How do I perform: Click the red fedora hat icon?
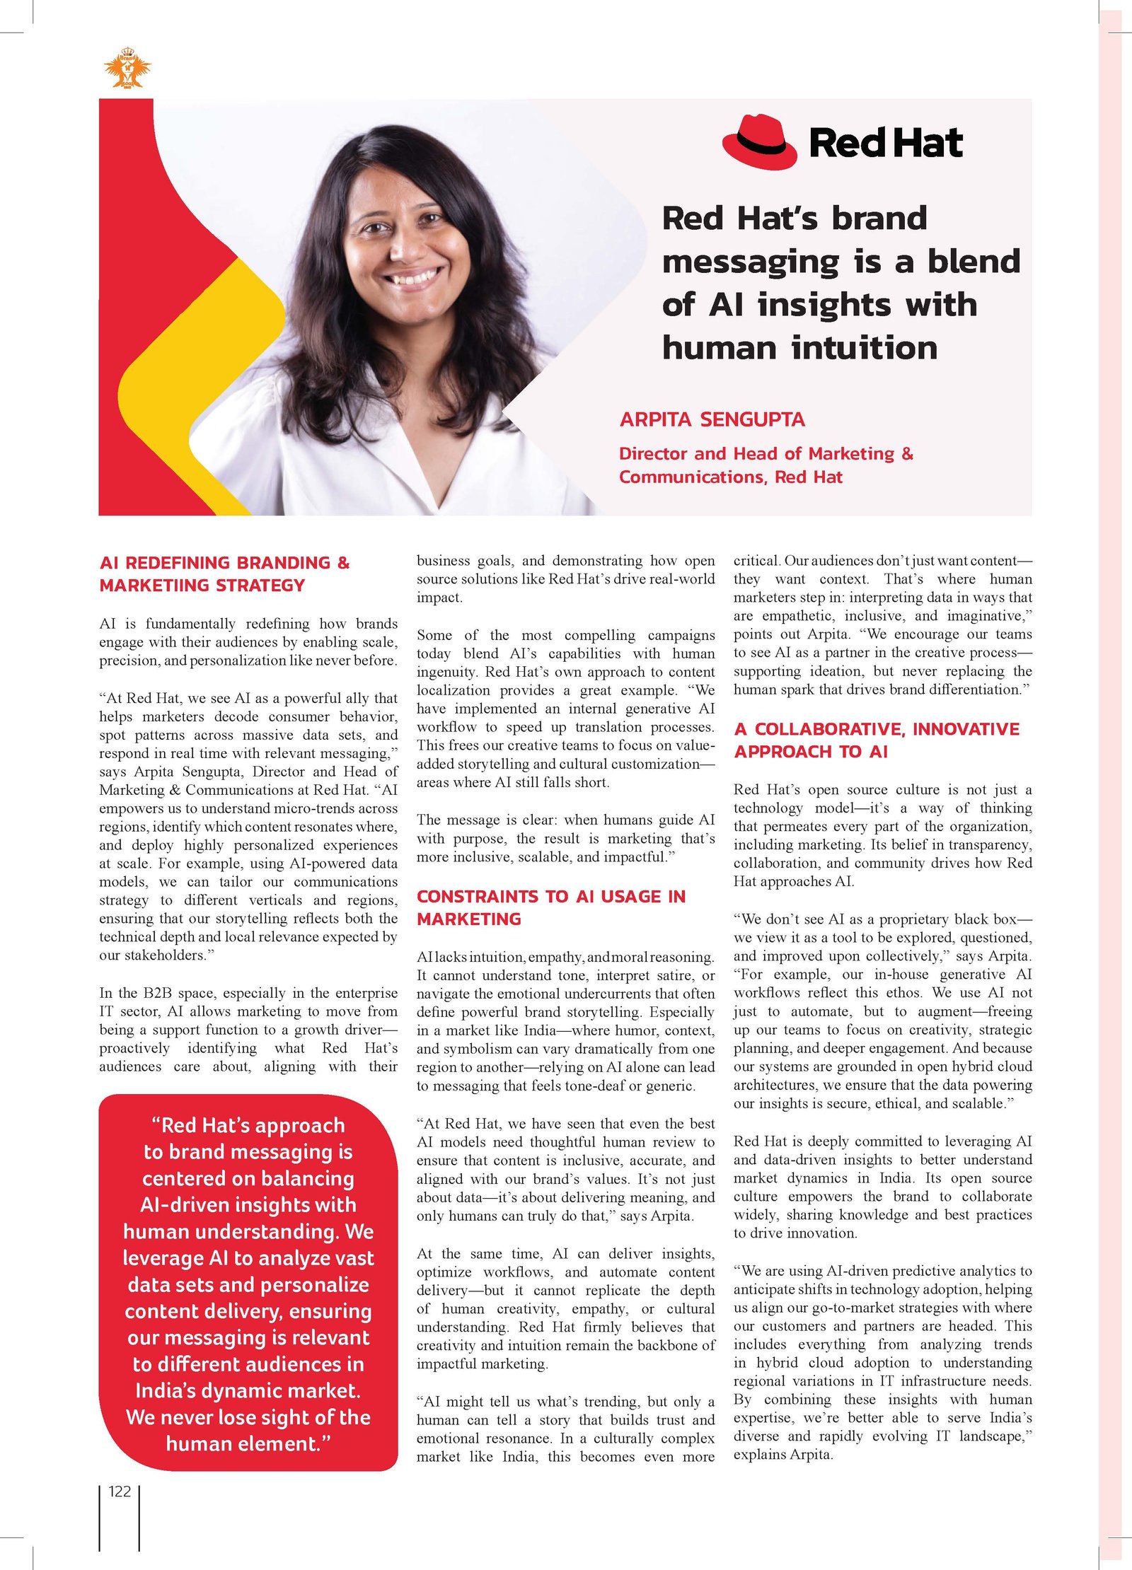759,142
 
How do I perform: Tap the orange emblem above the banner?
127,69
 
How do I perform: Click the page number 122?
120,1491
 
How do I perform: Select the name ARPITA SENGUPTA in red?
712,419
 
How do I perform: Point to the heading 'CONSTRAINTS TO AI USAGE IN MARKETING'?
550,907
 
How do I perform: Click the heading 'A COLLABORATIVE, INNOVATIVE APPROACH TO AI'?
877,740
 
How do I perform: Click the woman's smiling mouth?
414,277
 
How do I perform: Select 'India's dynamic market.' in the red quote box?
248,1390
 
